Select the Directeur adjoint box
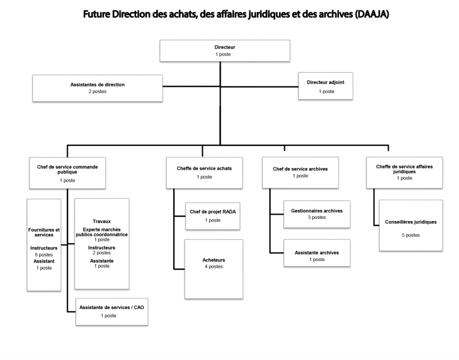(326, 86)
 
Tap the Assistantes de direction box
(97, 88)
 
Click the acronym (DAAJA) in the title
(372, 15)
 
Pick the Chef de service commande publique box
(67, 173)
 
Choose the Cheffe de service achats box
(204, 172)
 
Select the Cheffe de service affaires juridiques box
(404, 172)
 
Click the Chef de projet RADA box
(213, 216)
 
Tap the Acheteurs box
(214, 269)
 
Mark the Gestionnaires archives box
(317, 214)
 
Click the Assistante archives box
(317, 256)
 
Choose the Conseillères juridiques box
(411, 225)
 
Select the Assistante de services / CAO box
(112, 311)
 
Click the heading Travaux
(102, 221)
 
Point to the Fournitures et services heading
(44, 232)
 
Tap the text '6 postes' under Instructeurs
(44, 254)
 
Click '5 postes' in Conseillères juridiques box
(411, 235)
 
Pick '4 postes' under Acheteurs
(214, 266)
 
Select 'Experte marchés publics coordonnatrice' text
(102, 231)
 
